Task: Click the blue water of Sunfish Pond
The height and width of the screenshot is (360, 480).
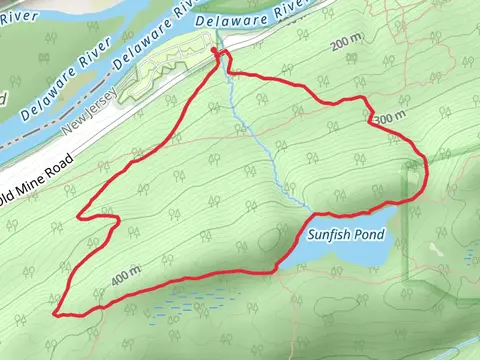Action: click(340, 255)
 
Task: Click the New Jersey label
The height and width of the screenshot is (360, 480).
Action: click(90, 112)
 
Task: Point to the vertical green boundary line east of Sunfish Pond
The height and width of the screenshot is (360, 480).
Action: click(408, 230)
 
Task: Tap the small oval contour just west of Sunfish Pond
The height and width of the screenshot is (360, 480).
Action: click(272, 240)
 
